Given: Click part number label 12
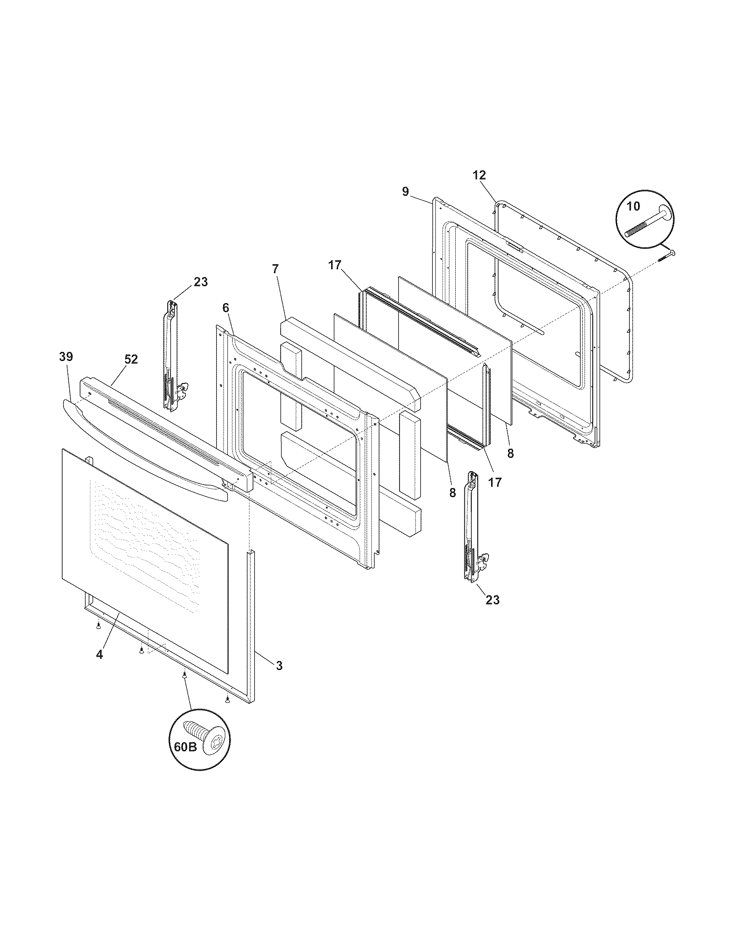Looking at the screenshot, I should [479, 175].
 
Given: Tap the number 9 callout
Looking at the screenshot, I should [406, 191].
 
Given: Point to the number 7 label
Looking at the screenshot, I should [275, 269].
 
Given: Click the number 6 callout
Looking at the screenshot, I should [225, 308].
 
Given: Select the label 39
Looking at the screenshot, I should [66, 357].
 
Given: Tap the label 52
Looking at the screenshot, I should [131, 359].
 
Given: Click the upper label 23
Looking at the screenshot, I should [201, 282].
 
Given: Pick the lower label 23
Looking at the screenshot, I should [492, 600].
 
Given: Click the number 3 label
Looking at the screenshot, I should [279, 665].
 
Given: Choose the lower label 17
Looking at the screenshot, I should [495, 482].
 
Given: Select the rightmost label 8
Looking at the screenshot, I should [510, 453].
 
